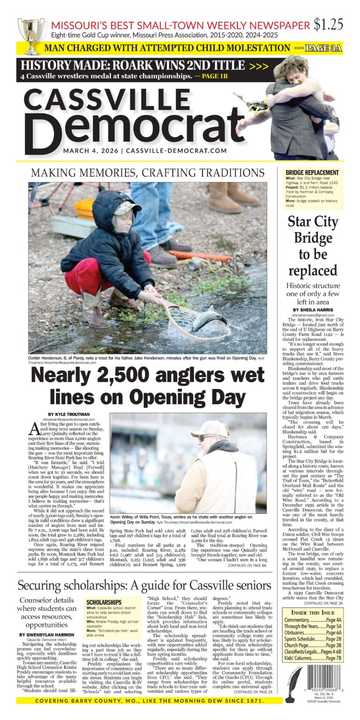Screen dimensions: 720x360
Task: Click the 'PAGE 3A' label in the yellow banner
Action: (x=323, y=48)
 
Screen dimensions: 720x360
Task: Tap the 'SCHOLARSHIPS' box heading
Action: (x=104, y=602)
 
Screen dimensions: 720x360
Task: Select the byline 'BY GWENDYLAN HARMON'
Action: (x=48, y=634)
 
